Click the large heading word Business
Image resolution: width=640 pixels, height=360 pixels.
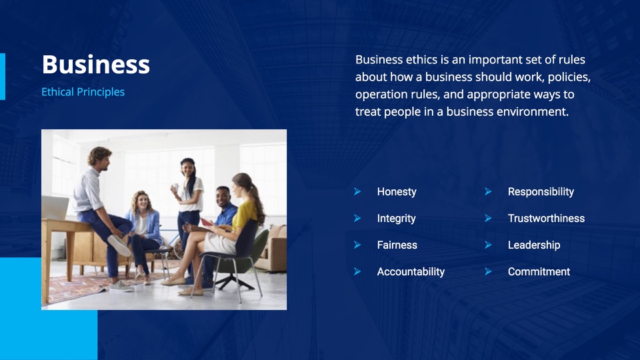[96, 65]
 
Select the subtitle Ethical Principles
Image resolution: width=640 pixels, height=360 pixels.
[83, 92]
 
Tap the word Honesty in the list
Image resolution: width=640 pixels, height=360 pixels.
[397, 192]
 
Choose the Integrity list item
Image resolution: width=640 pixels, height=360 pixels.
[396, 219]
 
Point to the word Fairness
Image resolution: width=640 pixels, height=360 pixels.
[397, 245]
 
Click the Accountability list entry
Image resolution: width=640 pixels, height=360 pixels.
[411, 272]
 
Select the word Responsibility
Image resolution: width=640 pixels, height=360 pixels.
[541, 192]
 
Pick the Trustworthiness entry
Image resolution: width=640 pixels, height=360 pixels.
[546, 219]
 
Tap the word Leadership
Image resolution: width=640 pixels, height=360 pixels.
[534, 245]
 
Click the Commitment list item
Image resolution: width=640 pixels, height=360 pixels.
[539, 272]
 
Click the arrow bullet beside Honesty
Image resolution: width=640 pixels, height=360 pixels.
[357, 191]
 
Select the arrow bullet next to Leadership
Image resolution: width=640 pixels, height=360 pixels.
[488, 245]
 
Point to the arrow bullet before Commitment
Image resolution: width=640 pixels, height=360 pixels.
[488, 271]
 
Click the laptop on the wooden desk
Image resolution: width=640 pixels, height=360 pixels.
[55, 207]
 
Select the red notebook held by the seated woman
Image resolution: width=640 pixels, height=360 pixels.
[207, 223]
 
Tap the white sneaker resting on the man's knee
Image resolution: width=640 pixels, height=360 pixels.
[119, 245]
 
